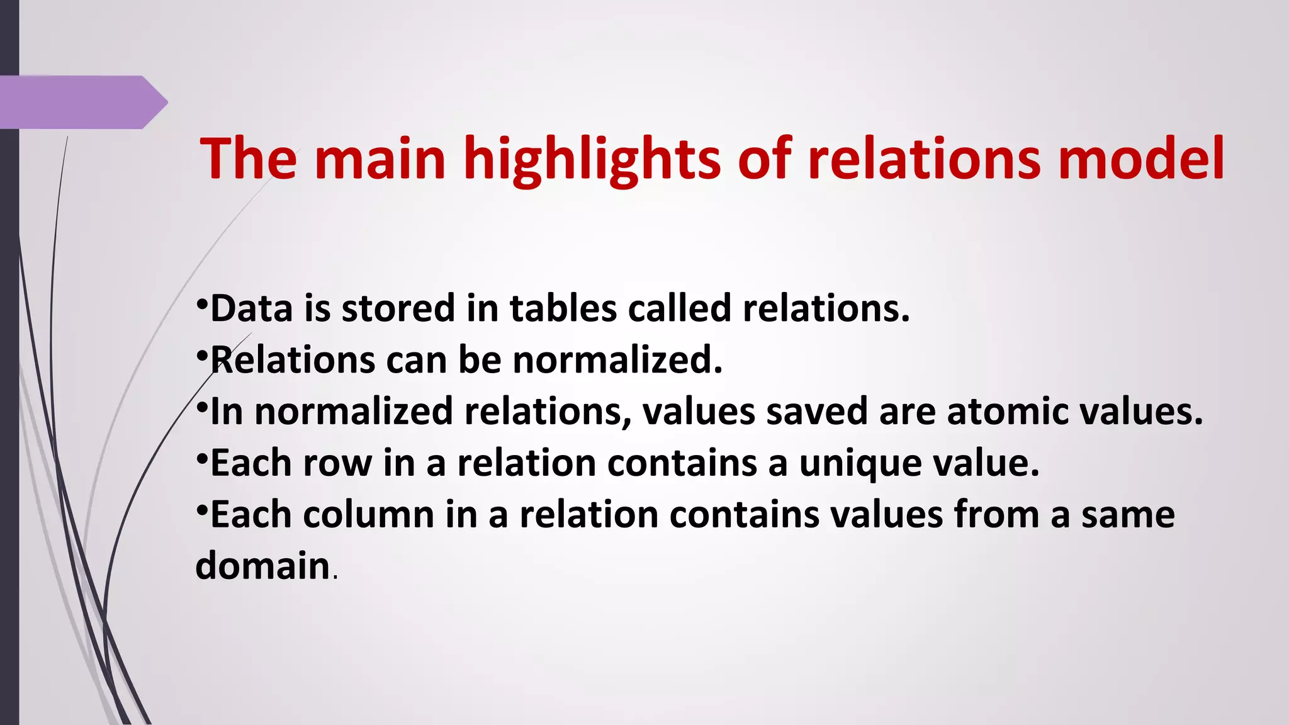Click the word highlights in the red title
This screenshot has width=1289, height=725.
click(x=592, y=160)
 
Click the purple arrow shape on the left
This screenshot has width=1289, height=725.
click(x=82, y=102)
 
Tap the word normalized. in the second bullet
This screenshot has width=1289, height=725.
click(x=617, y=360)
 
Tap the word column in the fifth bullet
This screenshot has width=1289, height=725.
click(x=369, y=515)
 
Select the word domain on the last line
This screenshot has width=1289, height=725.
click(x=263, y=565)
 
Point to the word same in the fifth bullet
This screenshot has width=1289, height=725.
click(x=1128, y=515)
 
